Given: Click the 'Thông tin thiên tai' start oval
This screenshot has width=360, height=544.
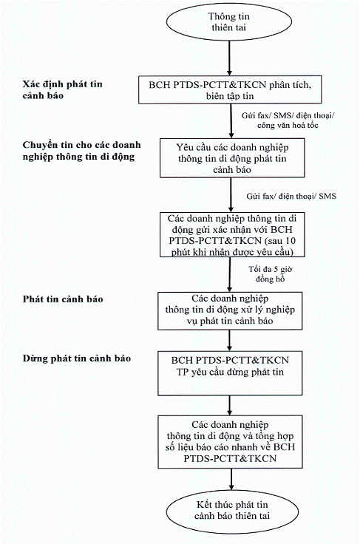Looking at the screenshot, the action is (x=229, y=22).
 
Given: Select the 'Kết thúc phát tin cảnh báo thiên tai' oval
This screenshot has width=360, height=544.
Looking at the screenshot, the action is (x=232, y=511).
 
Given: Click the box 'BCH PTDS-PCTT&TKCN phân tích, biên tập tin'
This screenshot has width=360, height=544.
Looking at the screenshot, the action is (x=230, y=89).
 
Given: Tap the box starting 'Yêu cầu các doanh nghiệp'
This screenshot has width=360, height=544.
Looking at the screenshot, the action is (x=232, y=158).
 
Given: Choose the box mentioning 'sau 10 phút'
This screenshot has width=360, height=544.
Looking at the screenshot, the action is (x=232, y=234).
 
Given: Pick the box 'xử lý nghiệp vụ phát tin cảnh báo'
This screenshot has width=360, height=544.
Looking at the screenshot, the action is (x=230, y=310).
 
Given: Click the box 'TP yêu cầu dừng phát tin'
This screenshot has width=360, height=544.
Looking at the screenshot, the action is (x=230, y=373).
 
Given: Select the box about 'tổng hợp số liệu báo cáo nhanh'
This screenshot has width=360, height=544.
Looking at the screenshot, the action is (x=231, y=442).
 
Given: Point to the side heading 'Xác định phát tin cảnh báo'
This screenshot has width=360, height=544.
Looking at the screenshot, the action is (x=62, y=89).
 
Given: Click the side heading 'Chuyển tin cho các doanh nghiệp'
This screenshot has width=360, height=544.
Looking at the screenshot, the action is (x=81, y=151).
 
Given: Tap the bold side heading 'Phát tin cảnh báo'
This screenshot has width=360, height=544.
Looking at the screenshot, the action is (x=63, y=299).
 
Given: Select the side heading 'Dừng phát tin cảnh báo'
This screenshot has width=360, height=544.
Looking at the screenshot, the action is (x=77, y=358).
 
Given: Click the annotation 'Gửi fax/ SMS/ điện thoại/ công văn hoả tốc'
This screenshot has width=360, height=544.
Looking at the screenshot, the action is (x=288, y=120).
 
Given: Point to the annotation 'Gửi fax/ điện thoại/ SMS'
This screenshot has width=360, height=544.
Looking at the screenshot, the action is (x=291, y=196).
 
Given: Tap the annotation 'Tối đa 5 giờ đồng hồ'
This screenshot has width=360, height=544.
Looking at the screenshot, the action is (x=271, y=274).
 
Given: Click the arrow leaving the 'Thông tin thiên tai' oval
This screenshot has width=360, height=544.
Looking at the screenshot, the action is (x=229, y=58).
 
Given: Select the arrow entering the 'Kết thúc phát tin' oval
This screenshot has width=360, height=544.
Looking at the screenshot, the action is (x=231, y=479).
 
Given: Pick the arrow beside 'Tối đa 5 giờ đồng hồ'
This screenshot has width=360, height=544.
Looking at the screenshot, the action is (x=229, y=274).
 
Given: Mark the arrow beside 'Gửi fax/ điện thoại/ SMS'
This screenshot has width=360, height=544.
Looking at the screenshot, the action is (x=231, y=195).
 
